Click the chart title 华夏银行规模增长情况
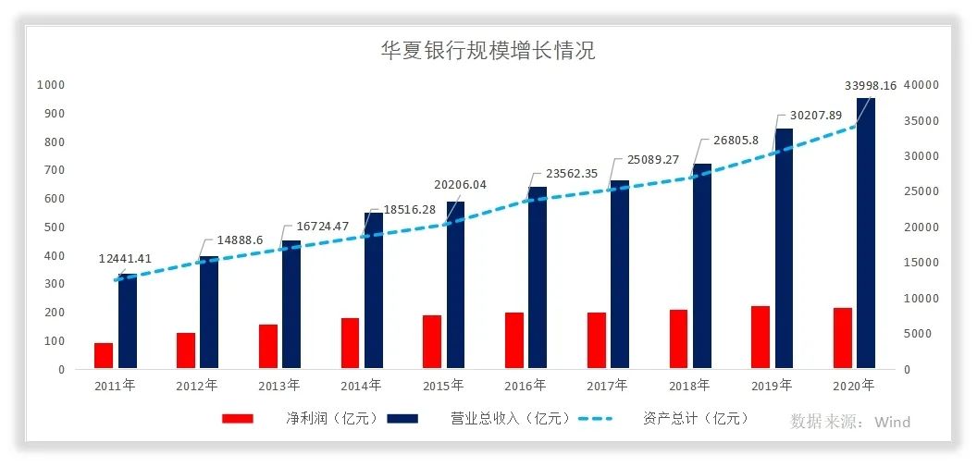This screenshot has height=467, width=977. point(488,50)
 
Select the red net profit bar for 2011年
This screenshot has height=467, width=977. point(104,356)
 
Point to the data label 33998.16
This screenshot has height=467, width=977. point(871,86)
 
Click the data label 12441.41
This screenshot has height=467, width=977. point(125,259)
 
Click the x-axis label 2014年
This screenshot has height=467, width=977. point(361,386)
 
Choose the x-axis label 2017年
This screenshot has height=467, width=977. point(607,386)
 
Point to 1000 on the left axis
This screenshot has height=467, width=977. point(50,85)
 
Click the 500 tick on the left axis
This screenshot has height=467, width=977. point(55,227)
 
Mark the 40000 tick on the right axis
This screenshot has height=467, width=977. point(921,85)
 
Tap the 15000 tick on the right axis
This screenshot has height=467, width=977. point(921,263)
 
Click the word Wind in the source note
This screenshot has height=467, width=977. point(893,423)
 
